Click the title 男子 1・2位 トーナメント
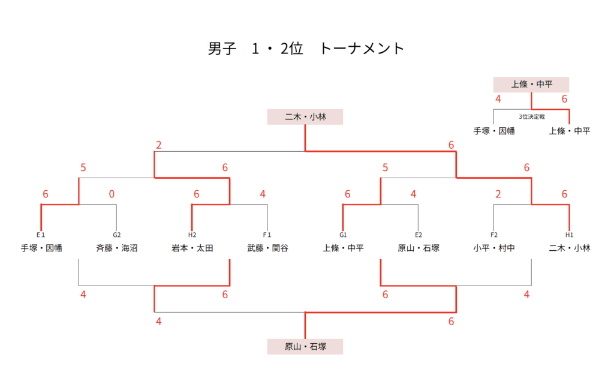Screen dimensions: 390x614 (306, 49)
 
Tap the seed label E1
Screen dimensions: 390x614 (41, 235)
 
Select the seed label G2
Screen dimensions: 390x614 (116, 235)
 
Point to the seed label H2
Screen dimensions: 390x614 (192, 235)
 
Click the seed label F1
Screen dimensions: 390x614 (267, 235)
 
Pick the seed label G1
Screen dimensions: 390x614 (343, 235)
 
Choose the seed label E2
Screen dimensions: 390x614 (419, 235)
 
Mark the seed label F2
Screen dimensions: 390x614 (494, 235)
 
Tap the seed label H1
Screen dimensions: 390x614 (569, 235)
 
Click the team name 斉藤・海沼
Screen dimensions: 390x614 (116, 247)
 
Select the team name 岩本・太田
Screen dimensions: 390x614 (192, 247)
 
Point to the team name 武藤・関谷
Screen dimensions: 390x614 (267, 247)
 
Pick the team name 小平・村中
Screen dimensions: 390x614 (494, 247)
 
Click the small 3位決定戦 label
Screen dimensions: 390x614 (531, 117)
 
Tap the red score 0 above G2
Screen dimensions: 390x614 (112, 194)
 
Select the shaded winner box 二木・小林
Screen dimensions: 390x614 (305, 116)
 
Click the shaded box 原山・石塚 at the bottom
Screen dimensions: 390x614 (305, 346)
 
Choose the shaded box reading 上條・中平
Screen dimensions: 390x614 (531, 85)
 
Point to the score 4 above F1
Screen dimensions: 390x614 (263, 194)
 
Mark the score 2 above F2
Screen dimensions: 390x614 (498, 194)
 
